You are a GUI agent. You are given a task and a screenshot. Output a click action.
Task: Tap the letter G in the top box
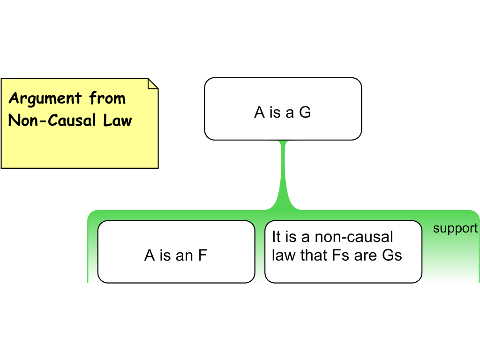[305, 112]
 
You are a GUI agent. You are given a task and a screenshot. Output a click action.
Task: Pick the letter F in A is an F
[202, 255]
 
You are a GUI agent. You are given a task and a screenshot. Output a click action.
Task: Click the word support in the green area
[455, 229]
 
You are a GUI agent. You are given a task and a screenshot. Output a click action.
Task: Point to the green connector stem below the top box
[283, 173]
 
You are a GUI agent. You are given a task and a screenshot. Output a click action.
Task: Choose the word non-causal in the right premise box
[353, 237]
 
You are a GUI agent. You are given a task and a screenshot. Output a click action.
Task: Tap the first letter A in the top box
[260, 112]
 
